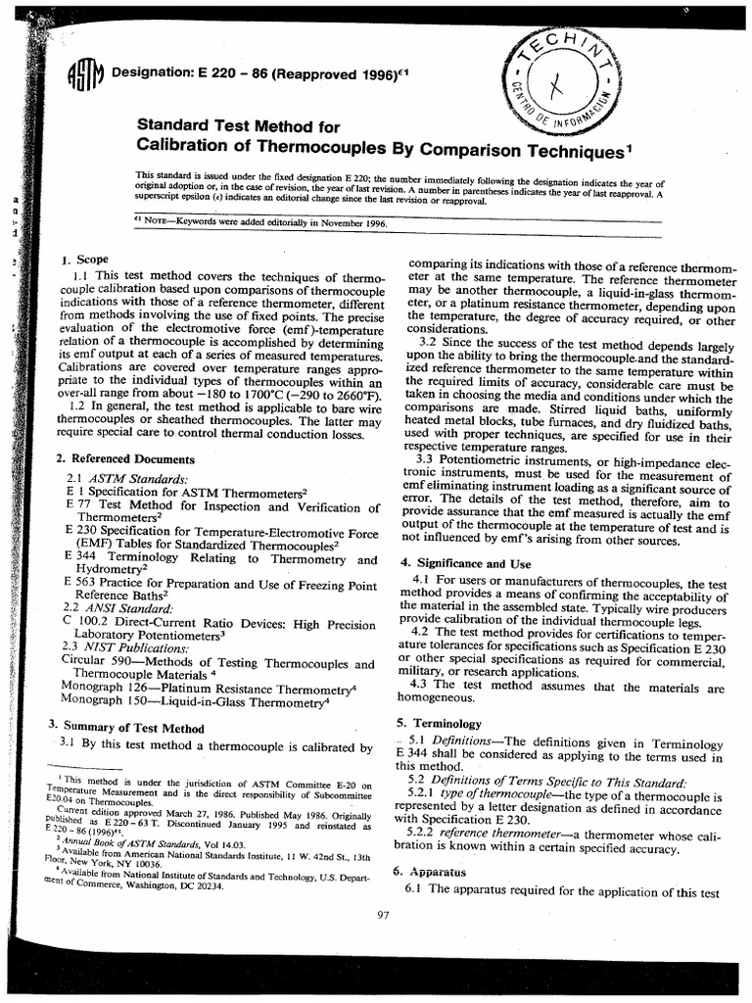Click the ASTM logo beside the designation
pos(84,75)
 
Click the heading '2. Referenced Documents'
pos(124,459)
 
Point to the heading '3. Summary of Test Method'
pos(126,728)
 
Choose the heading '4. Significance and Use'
pos(465,564)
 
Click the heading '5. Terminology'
pos(439,723)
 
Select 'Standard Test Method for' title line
pos(237,126)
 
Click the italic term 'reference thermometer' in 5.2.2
pos(489,831)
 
